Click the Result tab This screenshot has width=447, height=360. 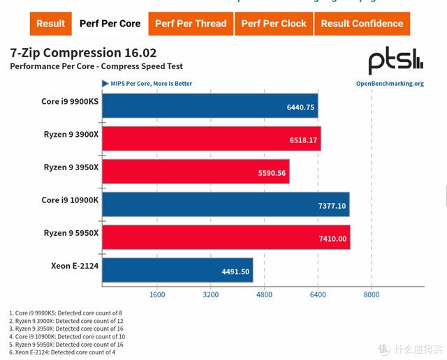click(51, 23)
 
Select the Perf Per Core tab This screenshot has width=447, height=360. click(110, 23)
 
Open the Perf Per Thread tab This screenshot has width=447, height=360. click(191, 23)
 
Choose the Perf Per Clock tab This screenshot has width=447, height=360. click(274, 23)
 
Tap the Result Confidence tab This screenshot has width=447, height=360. click(362, 23)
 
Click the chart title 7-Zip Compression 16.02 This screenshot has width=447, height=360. click(83, 53)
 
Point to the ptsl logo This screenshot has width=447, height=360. click(395, 59)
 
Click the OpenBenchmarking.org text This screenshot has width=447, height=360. click(390, 84)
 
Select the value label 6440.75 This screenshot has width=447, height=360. click(300, 107)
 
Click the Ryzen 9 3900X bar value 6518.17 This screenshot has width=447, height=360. click(303, 140)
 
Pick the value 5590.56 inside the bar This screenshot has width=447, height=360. click(272, 173)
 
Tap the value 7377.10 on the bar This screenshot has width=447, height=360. click(332, 205)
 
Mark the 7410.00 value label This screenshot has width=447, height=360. click(332, 238)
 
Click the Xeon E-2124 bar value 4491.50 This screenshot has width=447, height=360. click(235, 271)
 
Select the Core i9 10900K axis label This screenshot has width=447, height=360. click(70, 200)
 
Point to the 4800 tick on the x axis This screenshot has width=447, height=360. click(264, 294)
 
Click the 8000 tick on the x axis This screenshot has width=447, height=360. click(372, 294)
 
